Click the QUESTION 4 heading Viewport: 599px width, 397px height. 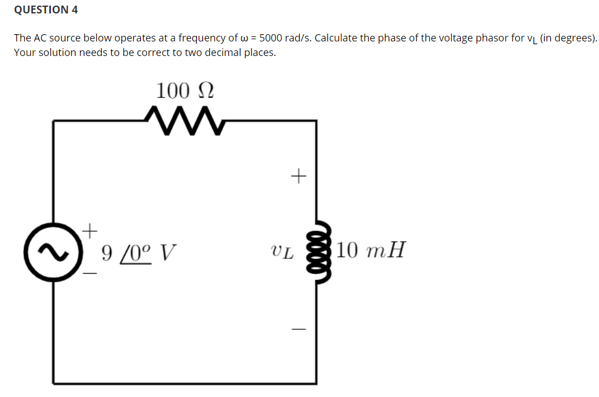coord(46,10)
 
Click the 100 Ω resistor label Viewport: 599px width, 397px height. coord(185,90)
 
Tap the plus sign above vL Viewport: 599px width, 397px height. coord(299,177)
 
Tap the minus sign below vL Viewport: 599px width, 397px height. coord(299,329)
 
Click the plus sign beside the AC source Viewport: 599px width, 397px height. coord(90,229)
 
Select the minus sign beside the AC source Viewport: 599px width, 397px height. coord(90,274)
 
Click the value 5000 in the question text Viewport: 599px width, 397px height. coord(271,38)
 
